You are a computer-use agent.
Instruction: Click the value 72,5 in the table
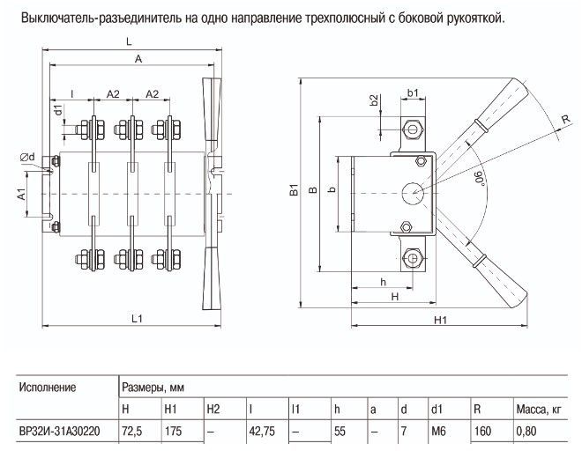(x=132, y=432)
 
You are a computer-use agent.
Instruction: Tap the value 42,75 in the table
(x=264, y=432)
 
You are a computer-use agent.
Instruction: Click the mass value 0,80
(x=526, y=432)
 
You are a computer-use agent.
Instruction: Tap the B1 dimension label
(x=295, y=188)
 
